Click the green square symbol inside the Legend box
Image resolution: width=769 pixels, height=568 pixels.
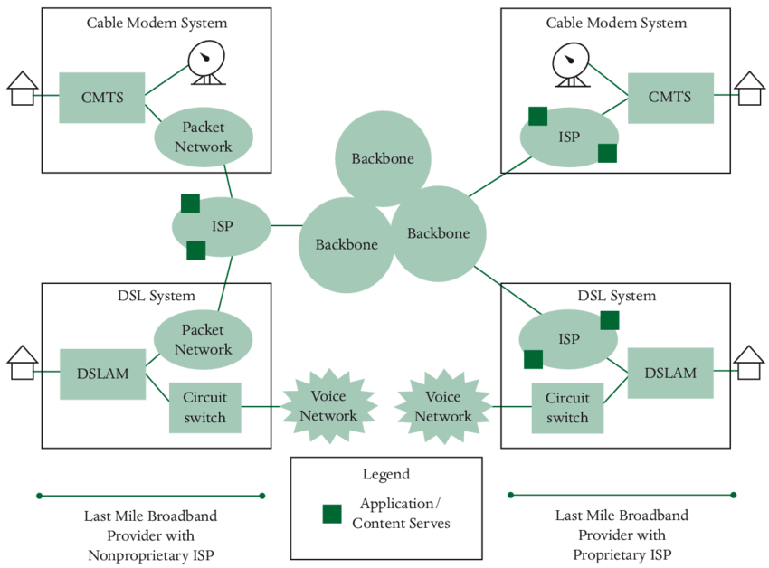332,514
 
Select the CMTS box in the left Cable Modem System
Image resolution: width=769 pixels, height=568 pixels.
101,98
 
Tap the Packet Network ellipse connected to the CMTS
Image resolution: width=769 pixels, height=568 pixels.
203,137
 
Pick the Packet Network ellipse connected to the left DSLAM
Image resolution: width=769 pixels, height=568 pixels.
203,340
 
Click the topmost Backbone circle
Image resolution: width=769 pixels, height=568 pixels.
382,158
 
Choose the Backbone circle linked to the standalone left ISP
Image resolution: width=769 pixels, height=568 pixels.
346,244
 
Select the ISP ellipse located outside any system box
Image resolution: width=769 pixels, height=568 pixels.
222,226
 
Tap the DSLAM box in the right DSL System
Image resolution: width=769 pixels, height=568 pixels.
669,373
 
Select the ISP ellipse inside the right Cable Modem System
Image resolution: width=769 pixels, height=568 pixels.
568,137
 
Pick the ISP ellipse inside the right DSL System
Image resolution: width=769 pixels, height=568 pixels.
568,339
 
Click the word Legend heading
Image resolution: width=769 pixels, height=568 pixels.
385,474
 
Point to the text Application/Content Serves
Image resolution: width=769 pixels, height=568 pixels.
401,513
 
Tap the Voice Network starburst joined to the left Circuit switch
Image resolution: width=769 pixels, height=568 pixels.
328,406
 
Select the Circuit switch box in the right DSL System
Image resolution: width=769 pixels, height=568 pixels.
567,407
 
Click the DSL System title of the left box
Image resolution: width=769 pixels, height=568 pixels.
156,296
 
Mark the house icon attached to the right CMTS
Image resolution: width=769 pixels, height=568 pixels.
748,89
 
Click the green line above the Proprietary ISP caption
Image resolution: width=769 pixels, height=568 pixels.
622,495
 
